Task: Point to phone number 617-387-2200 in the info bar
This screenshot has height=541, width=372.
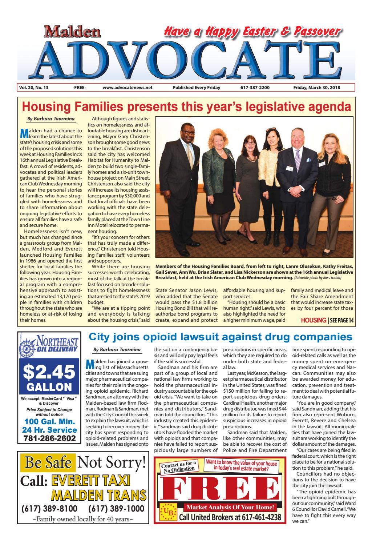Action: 255,88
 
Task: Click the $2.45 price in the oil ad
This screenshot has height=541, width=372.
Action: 49,371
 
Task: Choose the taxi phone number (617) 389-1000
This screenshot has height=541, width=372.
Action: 116,508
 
